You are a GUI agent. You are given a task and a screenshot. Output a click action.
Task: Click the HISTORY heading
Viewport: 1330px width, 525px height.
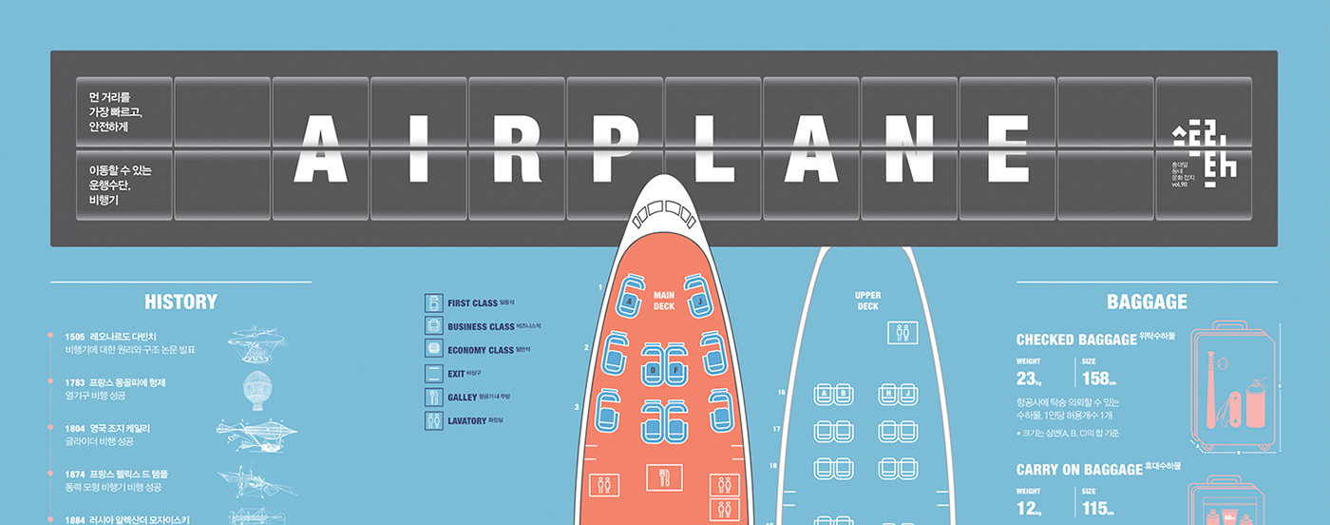point(180,302)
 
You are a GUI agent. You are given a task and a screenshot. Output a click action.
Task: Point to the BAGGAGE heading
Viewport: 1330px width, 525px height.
point(1147,302)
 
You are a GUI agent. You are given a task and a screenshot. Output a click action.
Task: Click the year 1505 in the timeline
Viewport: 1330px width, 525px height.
point(75,337)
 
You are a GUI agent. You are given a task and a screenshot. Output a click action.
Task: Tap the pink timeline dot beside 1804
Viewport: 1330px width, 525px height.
point(50,428)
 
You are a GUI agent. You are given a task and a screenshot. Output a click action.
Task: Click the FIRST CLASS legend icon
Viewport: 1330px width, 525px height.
point(433,303)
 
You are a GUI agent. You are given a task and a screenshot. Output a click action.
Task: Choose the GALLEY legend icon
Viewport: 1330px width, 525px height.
point(433,397)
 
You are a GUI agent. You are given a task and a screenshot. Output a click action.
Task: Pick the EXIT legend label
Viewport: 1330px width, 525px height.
point(456,374)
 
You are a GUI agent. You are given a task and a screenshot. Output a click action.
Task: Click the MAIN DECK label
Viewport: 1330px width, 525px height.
point(664,301)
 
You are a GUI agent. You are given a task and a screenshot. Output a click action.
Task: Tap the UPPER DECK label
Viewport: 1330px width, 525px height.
point(867,301)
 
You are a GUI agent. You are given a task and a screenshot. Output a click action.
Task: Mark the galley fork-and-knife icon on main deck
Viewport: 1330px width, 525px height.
point(664,477)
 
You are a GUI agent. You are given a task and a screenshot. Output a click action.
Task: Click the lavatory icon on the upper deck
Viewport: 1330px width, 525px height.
point(902,333)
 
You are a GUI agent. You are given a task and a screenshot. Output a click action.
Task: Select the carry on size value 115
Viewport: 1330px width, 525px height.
point(1095,509)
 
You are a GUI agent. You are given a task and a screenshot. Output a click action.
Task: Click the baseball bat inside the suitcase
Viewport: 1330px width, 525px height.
point(1212,390)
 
